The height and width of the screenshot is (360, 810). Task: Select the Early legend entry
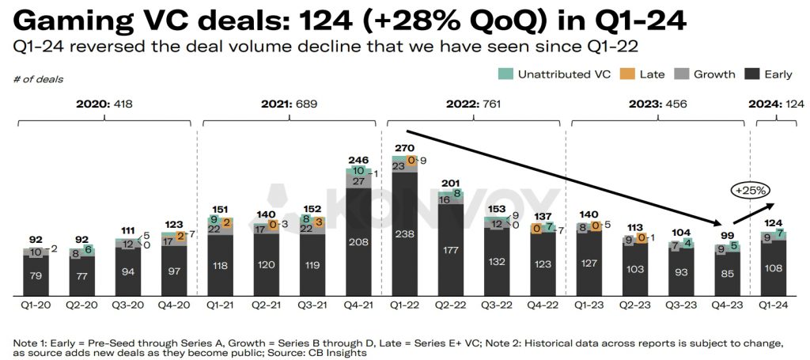[770, 74]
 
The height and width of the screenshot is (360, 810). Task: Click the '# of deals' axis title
[38, 79]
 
